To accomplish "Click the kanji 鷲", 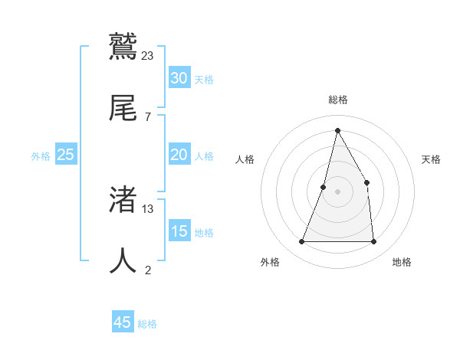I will coord(123,47).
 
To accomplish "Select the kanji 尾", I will coord(123,108).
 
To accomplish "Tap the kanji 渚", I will coord(123,200).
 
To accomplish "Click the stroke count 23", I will coord(148,55).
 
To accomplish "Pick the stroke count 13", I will coord(148,208).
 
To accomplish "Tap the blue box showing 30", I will coord(179,78).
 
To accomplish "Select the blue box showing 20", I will coord(179,155).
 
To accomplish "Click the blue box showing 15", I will coord(179,231).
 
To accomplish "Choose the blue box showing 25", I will coord(66,155).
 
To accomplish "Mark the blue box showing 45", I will coord(123,322).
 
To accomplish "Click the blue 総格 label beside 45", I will coord(147,324).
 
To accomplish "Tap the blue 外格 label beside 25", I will coord(41,156).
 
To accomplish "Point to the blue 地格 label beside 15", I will coord(204,233).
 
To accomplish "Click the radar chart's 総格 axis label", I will coord(338,100).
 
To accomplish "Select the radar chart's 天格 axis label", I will coord(431,159).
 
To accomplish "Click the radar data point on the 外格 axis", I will coord(301,242).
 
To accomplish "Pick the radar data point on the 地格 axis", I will coord(373,242).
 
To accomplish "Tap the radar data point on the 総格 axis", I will coord(337,129).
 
